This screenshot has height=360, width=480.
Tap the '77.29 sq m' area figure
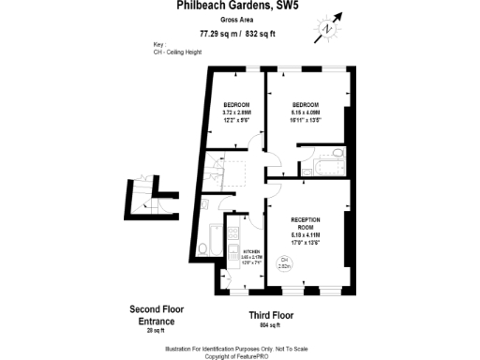click(x=217, y=35)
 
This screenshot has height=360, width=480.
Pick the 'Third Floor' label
click(x=272, y=315)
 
